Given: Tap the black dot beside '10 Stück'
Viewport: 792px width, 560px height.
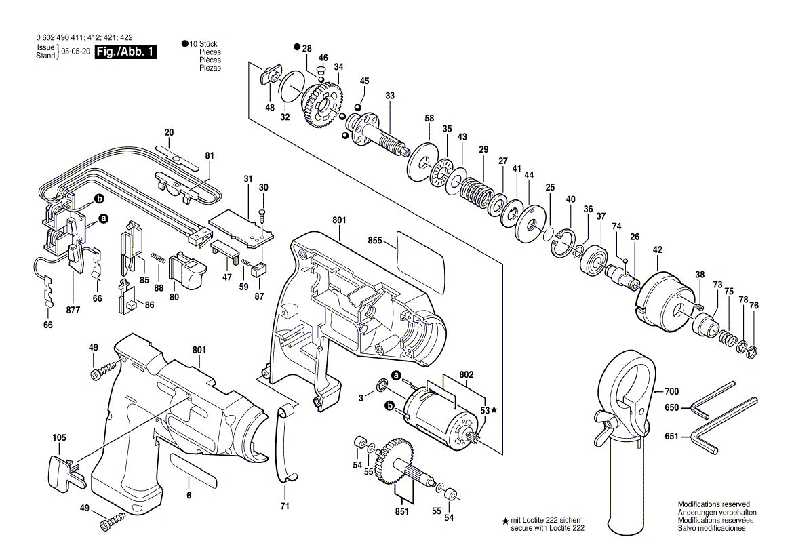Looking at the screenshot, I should pyautogui.click(x=184, y=43).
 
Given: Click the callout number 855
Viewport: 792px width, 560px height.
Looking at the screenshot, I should pyautogui.click(x=375, y=241).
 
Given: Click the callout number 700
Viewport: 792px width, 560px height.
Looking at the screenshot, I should pyautogui.click(x=671, y=391).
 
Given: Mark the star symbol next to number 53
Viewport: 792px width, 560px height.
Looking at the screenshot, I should pyautogui.click(x=494, y=410).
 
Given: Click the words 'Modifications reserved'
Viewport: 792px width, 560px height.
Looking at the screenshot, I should pyautogui.click(x=713, y=505).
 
